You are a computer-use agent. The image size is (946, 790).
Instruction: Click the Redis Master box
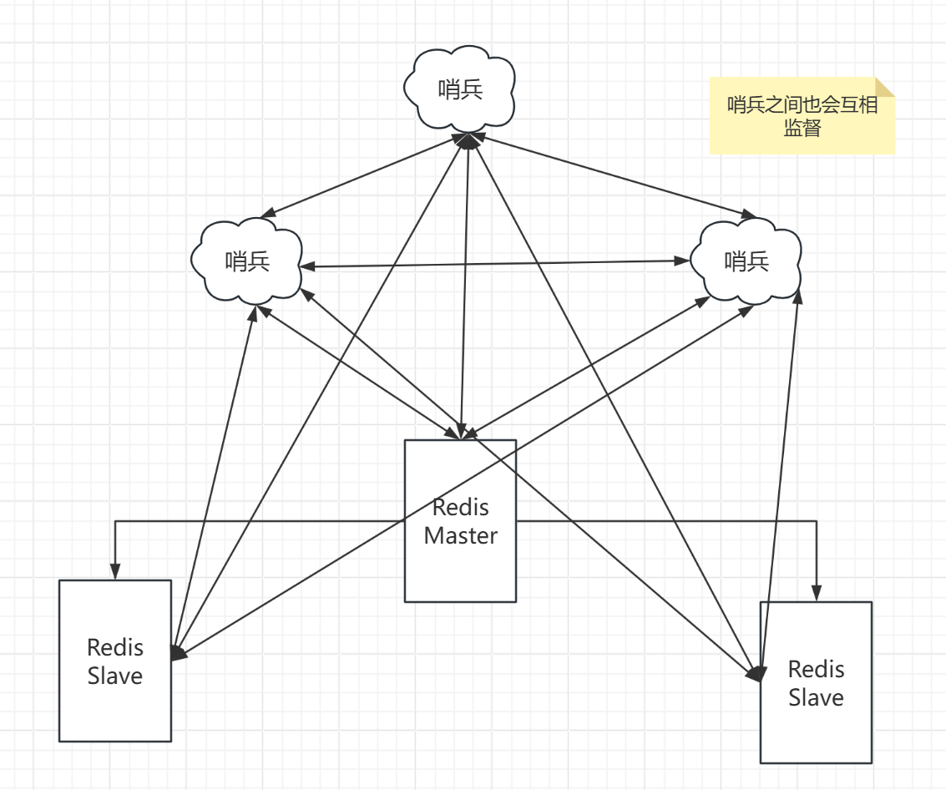pos(460,568)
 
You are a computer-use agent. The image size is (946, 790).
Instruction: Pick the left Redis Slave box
pos(115,710)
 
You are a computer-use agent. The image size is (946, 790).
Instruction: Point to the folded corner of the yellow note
pos(885,87)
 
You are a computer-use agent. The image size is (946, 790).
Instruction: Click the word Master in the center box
pos(460,536)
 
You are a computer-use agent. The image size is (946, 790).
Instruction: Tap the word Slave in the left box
pos(115,676)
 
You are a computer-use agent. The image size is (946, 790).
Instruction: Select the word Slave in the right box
pos(816,697)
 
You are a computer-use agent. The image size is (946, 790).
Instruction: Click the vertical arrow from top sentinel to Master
pos(465,284)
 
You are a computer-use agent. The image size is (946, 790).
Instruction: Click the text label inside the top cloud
pos(460,89)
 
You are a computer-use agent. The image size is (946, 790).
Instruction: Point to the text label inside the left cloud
pos(247,261)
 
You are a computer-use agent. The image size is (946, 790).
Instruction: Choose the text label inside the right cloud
pos(746,261)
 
